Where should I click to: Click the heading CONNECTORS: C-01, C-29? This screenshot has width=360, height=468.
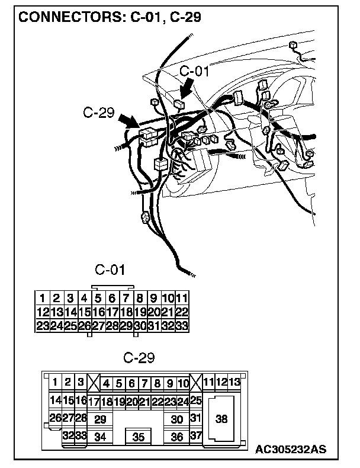pos(110,17)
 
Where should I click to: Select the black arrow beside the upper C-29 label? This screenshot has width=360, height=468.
pos(129,120)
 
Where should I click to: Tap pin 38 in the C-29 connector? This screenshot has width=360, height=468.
pos(221,419)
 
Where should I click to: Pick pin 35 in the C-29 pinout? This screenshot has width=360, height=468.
pos(139,437)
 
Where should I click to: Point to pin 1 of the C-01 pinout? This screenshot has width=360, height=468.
pos(42,298)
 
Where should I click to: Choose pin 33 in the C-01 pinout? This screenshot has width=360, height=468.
pos(182,325)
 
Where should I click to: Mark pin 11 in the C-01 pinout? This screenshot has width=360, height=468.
pos(182,298)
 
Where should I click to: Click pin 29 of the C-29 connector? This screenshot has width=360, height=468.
pos(100,419)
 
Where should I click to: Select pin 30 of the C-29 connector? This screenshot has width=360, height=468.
pos(176,419)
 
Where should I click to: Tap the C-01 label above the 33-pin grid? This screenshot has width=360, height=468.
pos(110,270)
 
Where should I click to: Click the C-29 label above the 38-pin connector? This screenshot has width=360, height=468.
pos(139,358)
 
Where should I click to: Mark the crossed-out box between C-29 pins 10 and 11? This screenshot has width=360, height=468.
pos(196,382)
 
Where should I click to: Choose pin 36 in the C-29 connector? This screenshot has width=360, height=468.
pos(176,437)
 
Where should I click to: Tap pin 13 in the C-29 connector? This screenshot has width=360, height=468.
pos(234,382)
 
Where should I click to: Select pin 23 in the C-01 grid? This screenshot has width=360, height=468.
pos(42,325)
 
